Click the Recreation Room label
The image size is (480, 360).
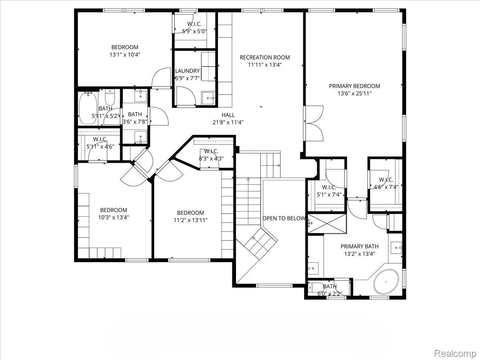point(264,57)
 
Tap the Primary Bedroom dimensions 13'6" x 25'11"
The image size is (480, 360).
point(354,94)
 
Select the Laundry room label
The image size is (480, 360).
point(187,71)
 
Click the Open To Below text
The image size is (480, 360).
point(284,218)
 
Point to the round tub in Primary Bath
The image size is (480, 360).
point(386,282)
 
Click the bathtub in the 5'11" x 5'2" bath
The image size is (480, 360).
point(87,108)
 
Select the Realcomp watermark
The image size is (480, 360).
point(455,353)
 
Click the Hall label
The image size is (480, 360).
point(228,115)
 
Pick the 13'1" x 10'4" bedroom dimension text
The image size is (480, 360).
point(125,55)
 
